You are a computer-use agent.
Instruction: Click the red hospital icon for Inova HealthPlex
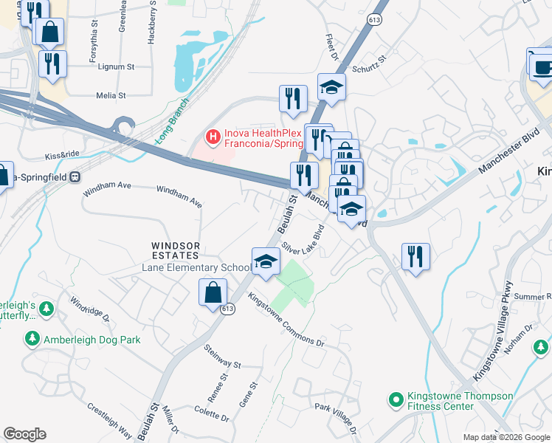[213, 137]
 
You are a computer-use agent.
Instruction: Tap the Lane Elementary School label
[196, 267]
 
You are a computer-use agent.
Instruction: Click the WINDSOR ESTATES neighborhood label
[176, 246]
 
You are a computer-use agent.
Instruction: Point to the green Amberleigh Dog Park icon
[32, 339]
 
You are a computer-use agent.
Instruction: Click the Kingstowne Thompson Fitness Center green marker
[396, 401]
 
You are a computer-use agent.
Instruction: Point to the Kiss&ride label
[62, 156]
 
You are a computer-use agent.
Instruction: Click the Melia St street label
[111, 95]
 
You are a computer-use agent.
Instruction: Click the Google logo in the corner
[24, 434]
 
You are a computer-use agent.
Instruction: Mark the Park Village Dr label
[337, 417]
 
